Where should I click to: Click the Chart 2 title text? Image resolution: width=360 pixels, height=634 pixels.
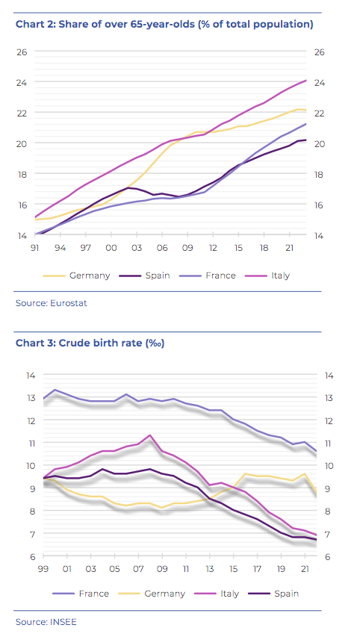(x=164, y=24)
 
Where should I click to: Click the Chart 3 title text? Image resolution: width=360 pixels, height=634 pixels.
(x=90, y=344)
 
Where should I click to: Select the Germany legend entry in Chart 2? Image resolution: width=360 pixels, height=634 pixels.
(x=76, y=276)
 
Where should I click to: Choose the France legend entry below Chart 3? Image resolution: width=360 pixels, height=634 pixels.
(x=81, y=594)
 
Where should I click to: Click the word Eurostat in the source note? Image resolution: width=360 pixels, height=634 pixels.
(x=69, y=303)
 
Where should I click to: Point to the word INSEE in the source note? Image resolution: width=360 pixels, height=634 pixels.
(x=63, y=621)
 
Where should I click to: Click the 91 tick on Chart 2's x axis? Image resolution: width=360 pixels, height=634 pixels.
(x=34, y=248)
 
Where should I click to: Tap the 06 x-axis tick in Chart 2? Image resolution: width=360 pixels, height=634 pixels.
(x=162, y=248)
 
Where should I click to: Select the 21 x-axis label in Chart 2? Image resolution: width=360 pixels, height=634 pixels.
(x=289, y=248)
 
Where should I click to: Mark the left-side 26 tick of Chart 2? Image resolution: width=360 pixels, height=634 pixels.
(x=21, y=52)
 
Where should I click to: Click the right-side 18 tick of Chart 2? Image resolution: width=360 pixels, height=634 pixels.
(x=319, y=174)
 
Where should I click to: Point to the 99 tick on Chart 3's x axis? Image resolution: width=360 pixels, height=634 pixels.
(x=43, y=569)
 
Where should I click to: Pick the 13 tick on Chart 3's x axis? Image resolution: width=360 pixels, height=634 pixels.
(x=209, y=569)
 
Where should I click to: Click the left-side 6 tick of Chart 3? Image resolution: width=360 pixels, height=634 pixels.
(x=33, y=556)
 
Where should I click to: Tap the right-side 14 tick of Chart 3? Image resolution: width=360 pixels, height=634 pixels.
(x=329, y=376)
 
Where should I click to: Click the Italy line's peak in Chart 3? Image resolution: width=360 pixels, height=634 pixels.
(x=150, y=435)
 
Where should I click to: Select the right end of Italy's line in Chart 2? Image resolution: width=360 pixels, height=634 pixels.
(x=305, y=81)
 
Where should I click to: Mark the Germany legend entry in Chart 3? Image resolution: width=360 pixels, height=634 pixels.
(x=152, y=594)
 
